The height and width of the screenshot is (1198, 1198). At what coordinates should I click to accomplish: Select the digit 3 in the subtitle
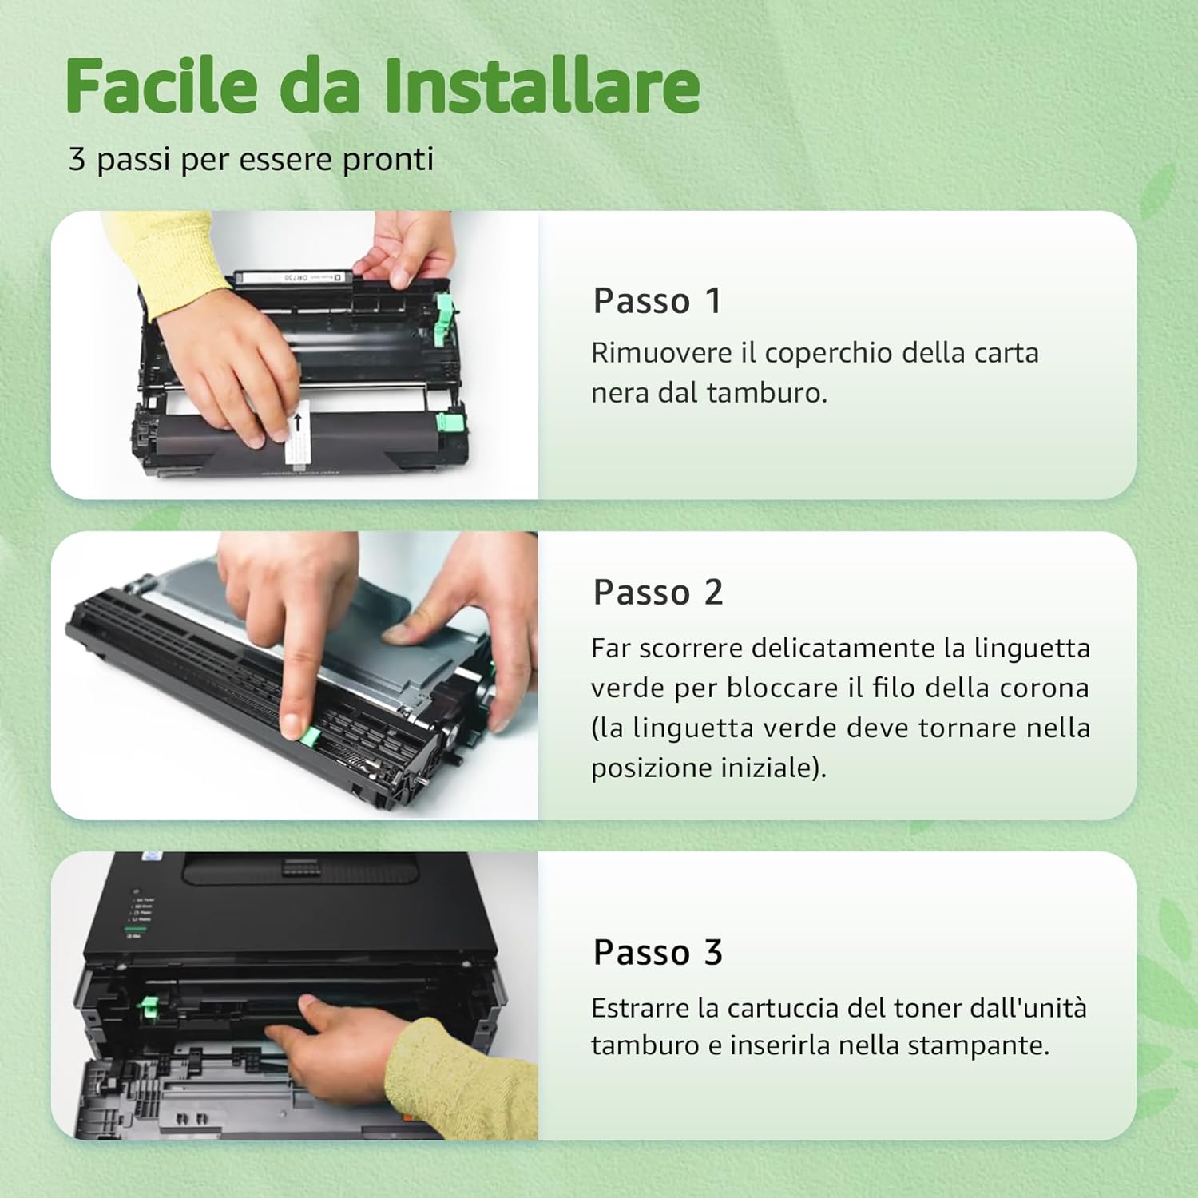pos(77,159)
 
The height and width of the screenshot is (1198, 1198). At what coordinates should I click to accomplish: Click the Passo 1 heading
pos(657,301)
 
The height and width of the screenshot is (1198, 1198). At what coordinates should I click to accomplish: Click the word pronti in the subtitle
pos(387,159)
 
